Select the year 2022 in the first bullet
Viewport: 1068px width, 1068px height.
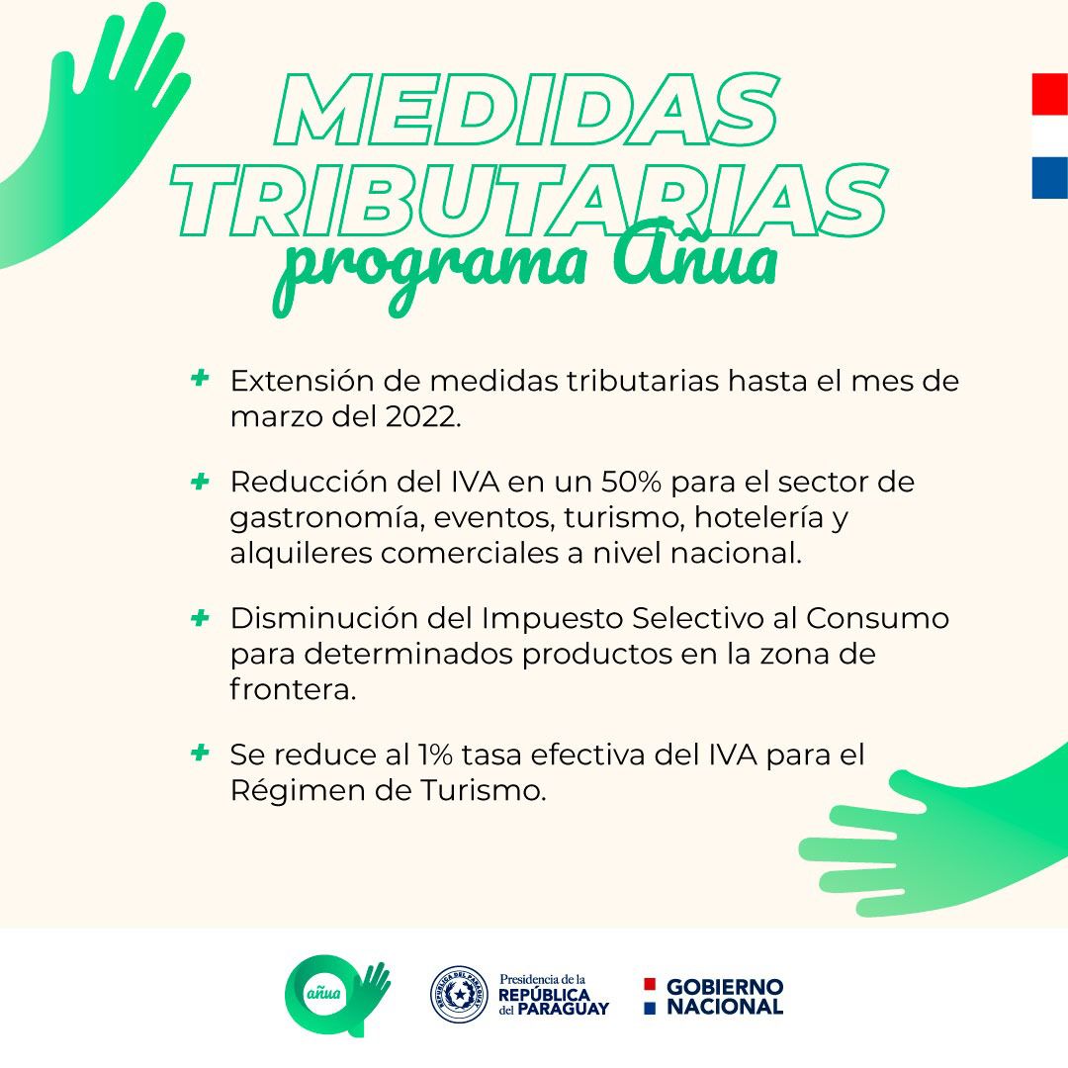[x=423, y=417]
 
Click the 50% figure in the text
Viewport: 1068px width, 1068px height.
[x=631, y=482]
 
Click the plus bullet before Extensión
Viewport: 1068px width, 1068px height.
[x=200, y=378]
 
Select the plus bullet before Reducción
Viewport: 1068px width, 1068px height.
[x=200, y=482]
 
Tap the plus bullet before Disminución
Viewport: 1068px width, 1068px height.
[x=200, y=618]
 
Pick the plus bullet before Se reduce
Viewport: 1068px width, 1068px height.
[x=200, y=753]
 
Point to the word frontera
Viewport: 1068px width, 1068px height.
[x=293, y=689]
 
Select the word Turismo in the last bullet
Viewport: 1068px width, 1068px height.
[x=483, y=791]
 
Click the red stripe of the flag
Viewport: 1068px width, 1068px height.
[x=1049, y=95]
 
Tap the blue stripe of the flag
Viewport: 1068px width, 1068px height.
[x=1049, y=178]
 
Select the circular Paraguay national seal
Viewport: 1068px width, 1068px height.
[x=459, y=995]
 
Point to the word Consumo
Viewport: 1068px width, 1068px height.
[x=878, y=618]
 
